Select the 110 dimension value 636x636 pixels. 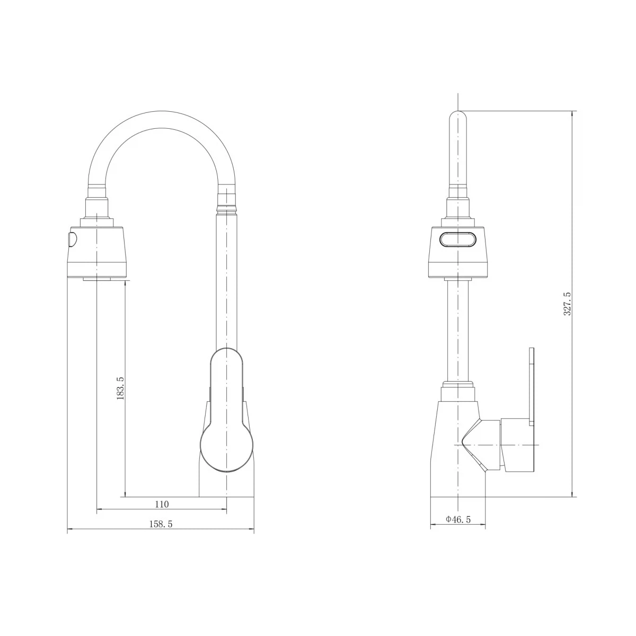[x=162, y=505]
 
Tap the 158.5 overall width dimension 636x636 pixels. [x=161, y=524]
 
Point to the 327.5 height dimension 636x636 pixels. [x=567, y=304]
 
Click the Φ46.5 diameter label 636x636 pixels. [x=458, y=519]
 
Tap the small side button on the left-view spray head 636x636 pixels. [x=72, y=239]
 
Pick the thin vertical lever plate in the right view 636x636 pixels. [x=531, y=386]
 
